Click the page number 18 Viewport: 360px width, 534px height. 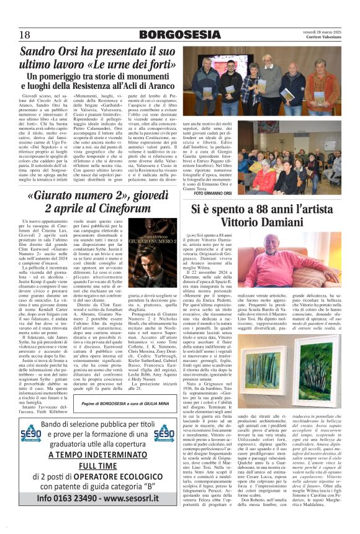click(x=25, y=34)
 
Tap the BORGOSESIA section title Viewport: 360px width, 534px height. click(x=180, y=34)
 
